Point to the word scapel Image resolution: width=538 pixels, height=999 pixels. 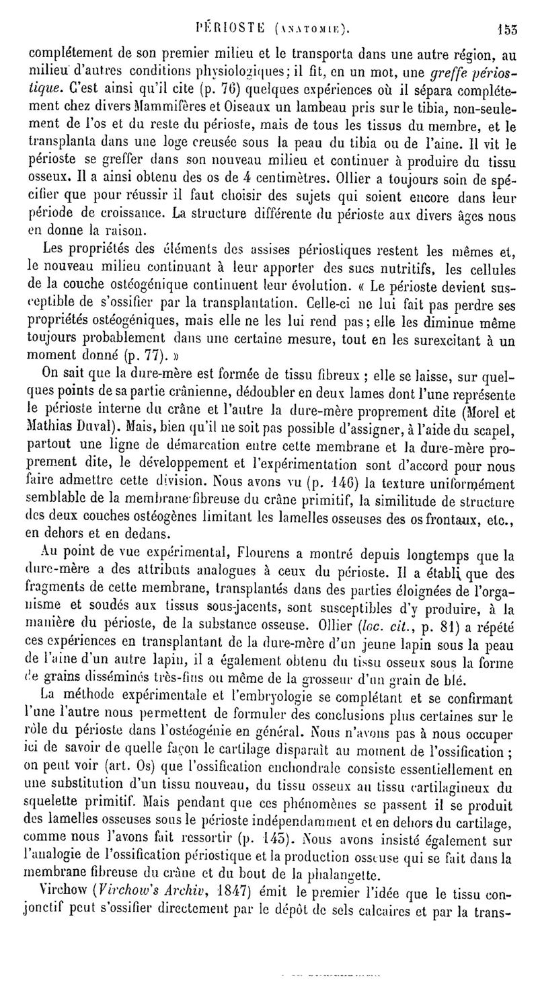(492, 427)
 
